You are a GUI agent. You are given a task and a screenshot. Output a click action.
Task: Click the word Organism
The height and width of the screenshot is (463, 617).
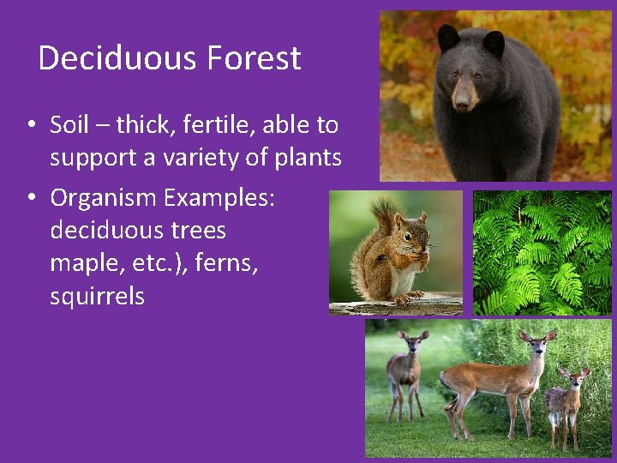pyautogui.click(x=104, y=198)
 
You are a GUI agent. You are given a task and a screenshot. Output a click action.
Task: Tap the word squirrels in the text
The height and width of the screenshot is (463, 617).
pyautogui.click(x=97, y=297)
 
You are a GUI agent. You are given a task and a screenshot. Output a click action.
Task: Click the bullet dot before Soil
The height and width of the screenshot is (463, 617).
pyautogui.click(x=30, y=125)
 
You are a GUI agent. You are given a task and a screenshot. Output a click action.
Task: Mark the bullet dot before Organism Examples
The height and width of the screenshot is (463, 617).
pyautogui.click(x=30, y=198)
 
